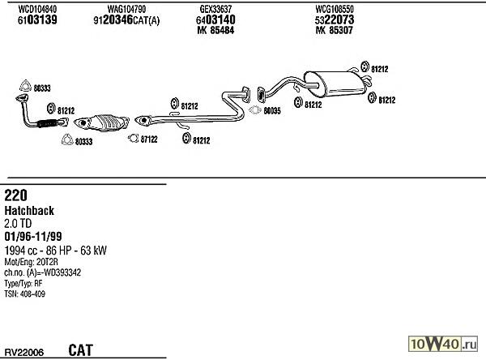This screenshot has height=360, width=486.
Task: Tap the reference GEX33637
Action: [215, 8]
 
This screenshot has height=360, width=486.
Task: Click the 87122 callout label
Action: [147, 139]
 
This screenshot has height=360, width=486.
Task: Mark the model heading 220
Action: [15, 195]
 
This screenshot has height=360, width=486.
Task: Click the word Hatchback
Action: [29, 210]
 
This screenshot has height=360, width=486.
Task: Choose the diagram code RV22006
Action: [24, 352]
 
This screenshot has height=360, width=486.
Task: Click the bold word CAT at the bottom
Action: [80, 349]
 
